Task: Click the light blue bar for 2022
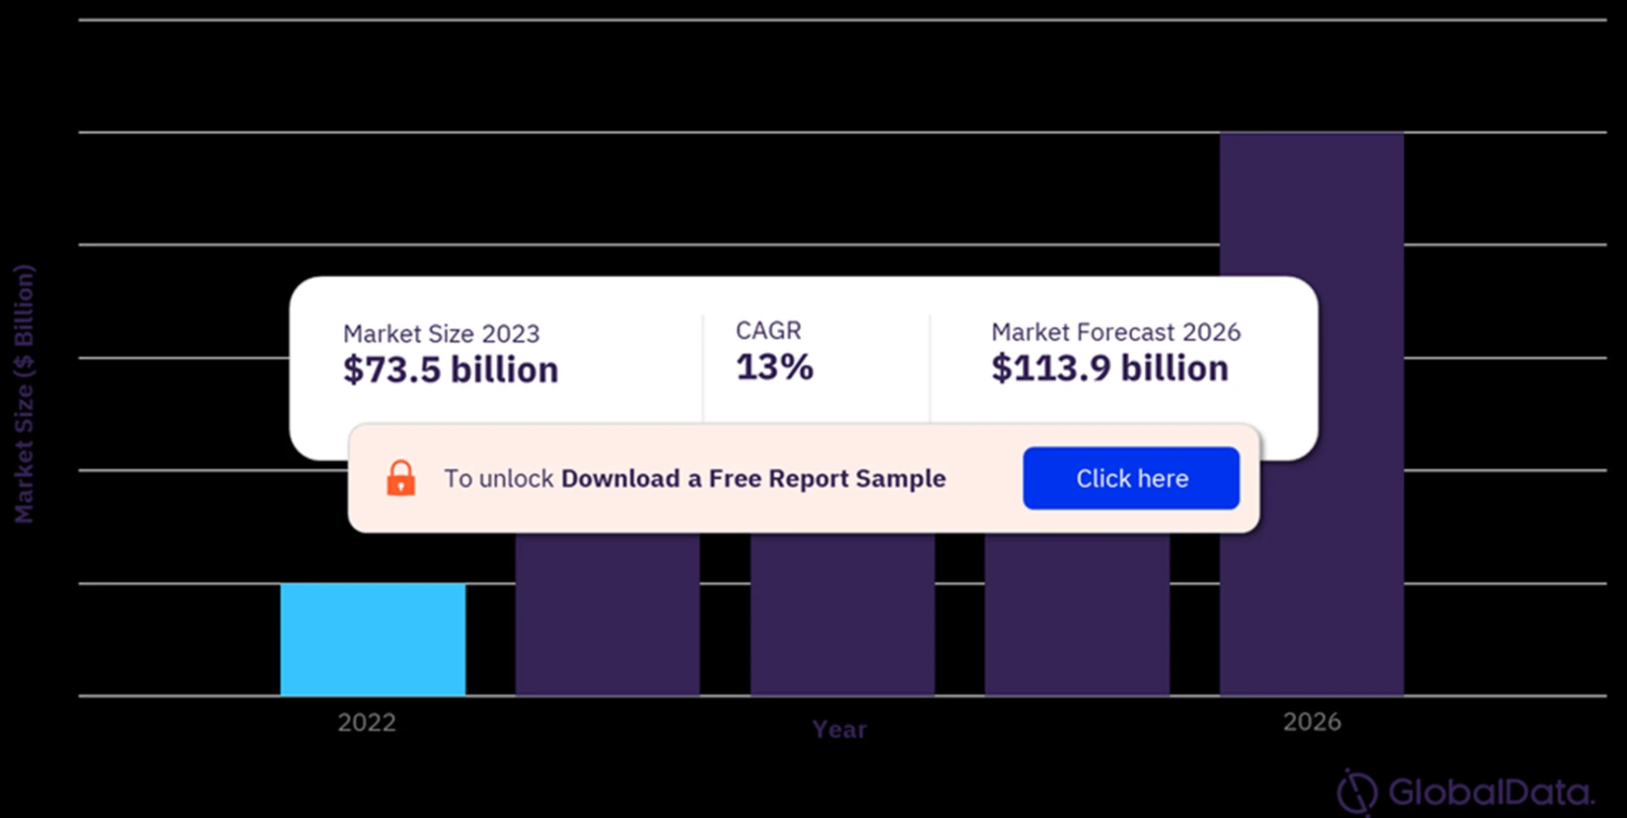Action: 373,639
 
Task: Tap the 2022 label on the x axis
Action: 367,722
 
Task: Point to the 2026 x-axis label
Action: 1312,721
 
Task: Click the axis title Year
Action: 839,729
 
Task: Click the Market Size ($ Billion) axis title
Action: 24,394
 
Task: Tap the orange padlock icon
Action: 401,478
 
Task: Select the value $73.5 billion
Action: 450,370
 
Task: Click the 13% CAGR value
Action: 774,367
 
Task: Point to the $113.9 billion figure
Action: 1109,368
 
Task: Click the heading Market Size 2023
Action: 441,334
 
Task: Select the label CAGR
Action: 768,330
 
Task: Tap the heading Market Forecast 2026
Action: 1115,332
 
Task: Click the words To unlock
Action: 498,478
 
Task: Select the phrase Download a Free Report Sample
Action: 752,478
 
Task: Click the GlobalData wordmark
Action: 1491,793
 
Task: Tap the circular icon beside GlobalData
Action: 1357,793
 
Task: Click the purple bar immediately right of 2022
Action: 608,614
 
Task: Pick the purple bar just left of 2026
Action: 1077,614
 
